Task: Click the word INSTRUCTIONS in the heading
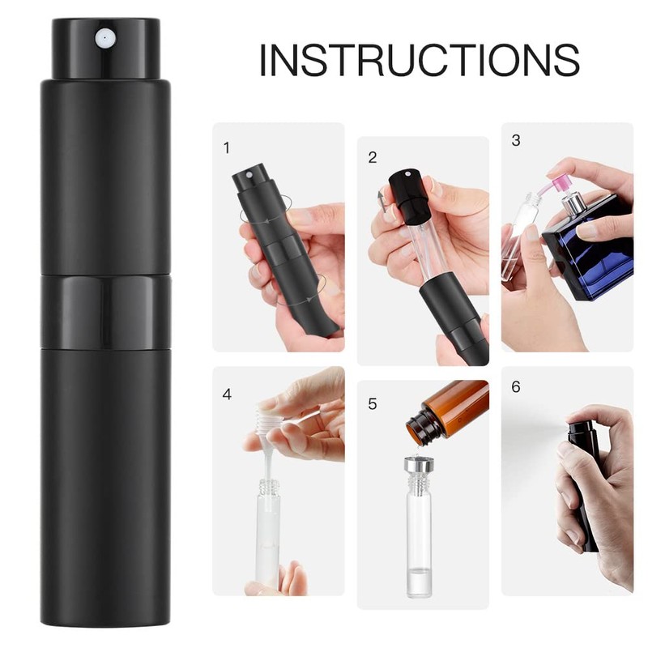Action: pos(419,60)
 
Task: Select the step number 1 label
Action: pos(227,148)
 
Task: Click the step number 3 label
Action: pos(516,140)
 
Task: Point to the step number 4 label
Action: pos(227,394)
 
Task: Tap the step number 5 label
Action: pos(372,403)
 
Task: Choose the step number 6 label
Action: pos(516,386)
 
